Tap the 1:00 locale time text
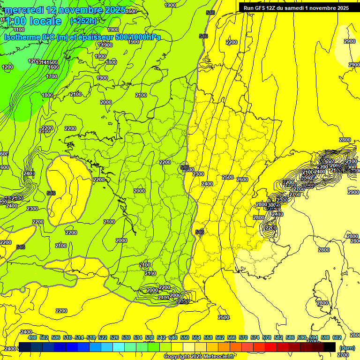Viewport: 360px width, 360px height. point(33,21)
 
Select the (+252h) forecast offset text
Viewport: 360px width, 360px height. point(83,21)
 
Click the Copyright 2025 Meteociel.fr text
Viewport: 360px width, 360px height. point(199,357)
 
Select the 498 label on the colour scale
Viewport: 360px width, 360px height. point(32,337)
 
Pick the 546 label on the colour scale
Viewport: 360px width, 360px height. point(173,337)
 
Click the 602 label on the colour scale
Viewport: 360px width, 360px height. point(337,337)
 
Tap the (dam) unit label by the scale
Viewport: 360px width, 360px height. point(347,348)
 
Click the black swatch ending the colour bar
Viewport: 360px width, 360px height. point(330,347)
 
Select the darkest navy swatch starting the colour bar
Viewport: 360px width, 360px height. point(25,347)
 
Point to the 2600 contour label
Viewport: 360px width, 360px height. point(242,180)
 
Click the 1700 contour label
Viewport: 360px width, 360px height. point(52,76)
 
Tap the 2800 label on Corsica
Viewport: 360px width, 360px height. point(322,303)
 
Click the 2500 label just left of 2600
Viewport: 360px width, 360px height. point(228,177)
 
